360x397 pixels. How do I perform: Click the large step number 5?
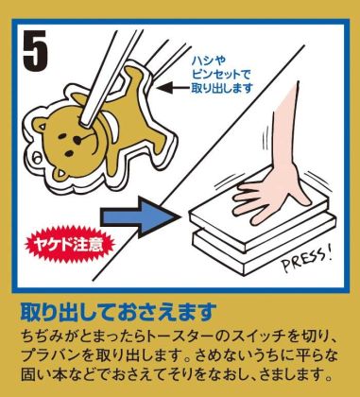click(35, 50)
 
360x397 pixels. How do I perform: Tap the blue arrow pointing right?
click(139, 217)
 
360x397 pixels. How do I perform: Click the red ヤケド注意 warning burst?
click(69, 244)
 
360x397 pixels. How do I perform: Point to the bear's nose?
click(77, 139)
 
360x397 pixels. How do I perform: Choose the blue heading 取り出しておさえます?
click(118, 312)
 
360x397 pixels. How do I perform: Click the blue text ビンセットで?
click(221, 75)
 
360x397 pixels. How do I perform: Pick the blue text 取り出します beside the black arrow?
click(222, 88)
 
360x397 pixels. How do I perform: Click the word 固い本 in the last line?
click(42, 375)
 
